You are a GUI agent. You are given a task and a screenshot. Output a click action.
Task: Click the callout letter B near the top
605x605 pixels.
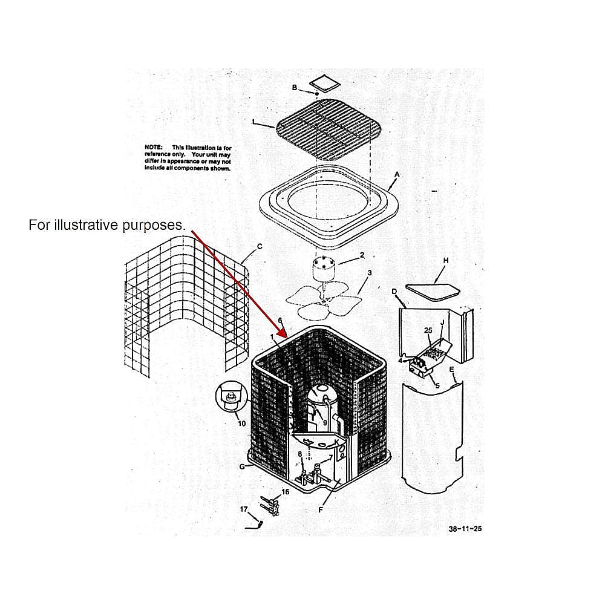[x=295, y=88]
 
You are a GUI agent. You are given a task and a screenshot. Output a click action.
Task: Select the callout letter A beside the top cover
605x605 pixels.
[x=397, y=174]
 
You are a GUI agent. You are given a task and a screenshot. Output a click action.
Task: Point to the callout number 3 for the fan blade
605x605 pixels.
[x=370, y=272]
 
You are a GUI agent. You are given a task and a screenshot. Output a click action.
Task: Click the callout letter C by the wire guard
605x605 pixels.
[x=260, y=246]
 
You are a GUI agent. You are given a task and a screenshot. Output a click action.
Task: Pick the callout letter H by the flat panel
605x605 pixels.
[x=445, y=260]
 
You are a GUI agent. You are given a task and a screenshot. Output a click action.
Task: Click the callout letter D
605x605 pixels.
[x=394, y=292]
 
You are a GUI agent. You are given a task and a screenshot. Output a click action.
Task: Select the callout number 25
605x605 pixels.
[x=428, y=330]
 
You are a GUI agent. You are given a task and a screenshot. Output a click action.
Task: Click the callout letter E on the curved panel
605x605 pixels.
[x=451, y=368]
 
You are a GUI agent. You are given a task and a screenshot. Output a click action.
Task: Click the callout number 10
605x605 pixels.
[x=241, y=423]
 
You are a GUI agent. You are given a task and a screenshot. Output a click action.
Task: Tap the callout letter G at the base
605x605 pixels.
[x=243, y=466]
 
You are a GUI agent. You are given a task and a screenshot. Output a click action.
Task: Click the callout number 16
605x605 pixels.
[x=285, y=492]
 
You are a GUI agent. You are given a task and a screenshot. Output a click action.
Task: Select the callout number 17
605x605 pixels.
[x=244, y=509]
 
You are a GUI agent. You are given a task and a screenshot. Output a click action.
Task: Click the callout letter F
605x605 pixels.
[x=321, y=510]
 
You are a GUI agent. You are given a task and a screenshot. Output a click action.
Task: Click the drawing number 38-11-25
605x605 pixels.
[x=465, y=528]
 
